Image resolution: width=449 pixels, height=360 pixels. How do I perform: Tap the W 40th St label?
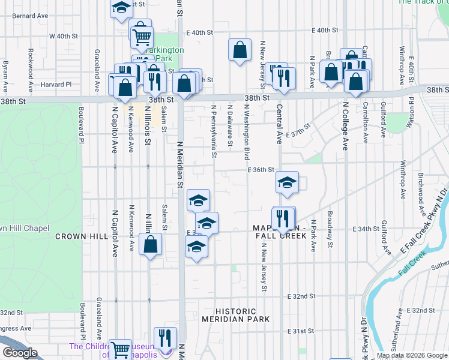click(x=64, y=36)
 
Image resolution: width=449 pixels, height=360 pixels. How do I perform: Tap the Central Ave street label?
click(x=279, y=125)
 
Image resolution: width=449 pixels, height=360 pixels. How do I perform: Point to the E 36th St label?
click(x=261, y=170)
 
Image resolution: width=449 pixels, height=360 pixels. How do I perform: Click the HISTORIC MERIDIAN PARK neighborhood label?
click(x=237, y=316)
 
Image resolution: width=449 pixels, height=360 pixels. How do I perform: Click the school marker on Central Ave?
click(x=288, y=182)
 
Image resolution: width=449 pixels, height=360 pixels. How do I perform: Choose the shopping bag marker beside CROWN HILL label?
click(x=150, y=244)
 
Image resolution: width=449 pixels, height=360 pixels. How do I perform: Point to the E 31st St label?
click(x=301, y=331)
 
